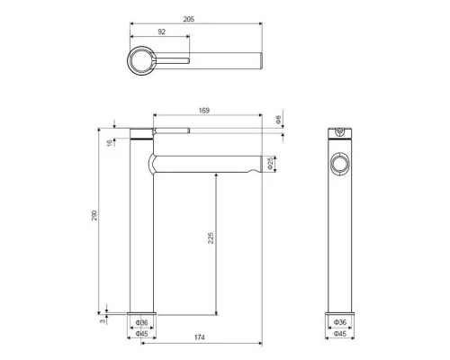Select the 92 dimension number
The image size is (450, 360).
pos(163,32)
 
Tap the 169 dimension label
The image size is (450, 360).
pos(204,110)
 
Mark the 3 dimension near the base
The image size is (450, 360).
pos(103,315)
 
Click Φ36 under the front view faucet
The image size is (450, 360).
pos(141,321)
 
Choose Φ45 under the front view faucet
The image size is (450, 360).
pos(141,333)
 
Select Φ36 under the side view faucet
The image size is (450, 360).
pos(339,321)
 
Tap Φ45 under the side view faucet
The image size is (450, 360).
pos(339,333)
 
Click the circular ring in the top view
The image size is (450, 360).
pos(142,62)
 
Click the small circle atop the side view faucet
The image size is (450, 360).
pos(339,134)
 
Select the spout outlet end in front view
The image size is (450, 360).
pos(258,163)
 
